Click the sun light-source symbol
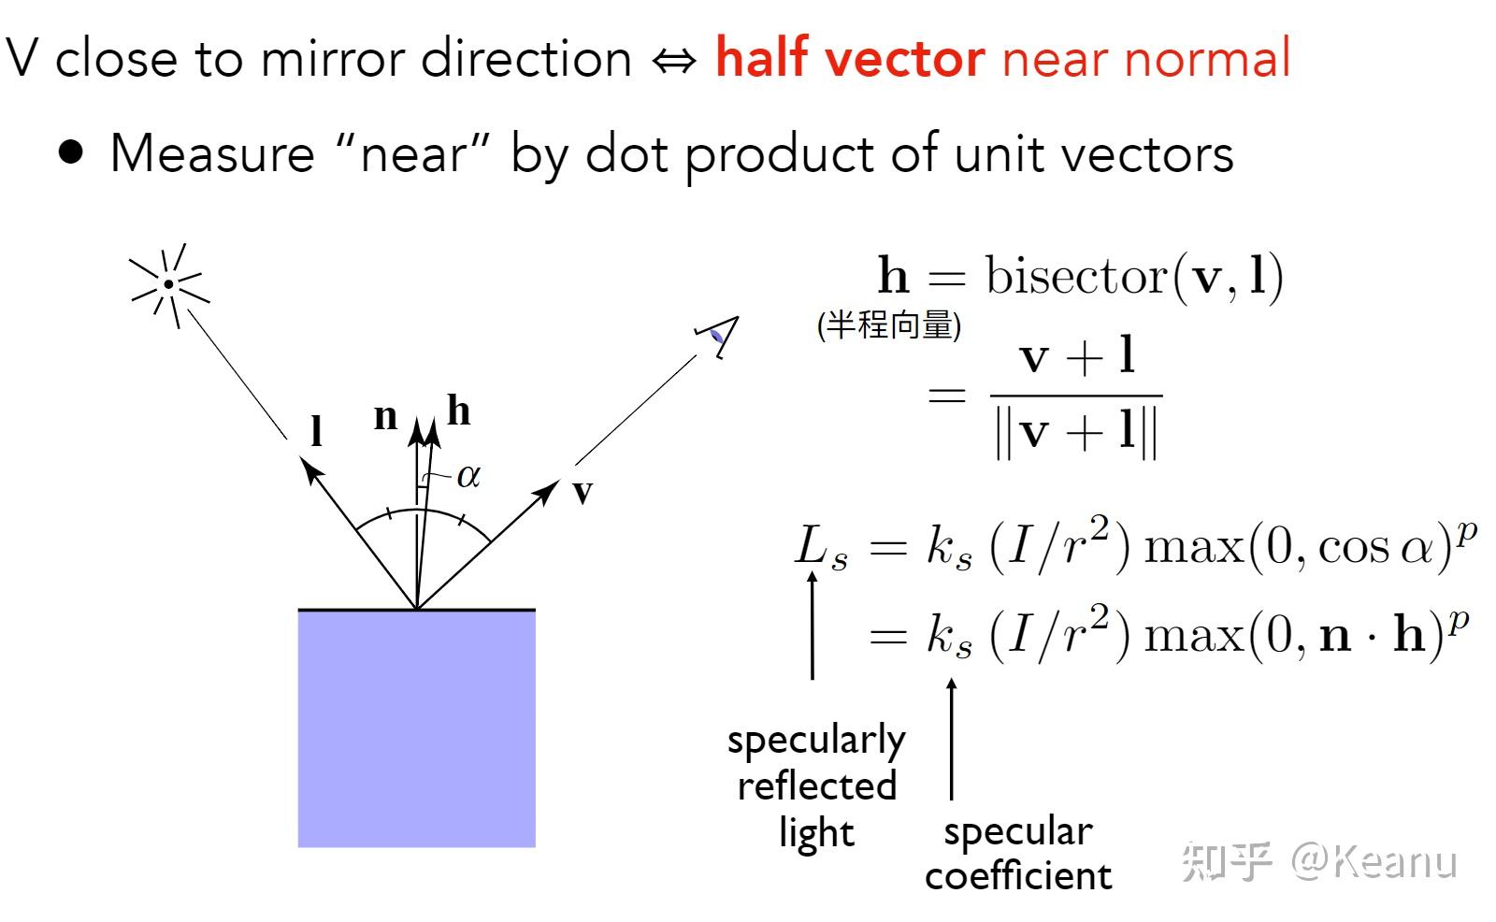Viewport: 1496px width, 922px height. pos(168,283)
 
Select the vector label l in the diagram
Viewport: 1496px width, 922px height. pos(317,431)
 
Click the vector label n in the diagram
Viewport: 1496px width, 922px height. pos(385,416)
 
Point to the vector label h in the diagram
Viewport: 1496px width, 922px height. pos(458,411)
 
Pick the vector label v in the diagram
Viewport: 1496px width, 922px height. pos(582,492)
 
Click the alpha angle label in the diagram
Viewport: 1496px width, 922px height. pos(468,476)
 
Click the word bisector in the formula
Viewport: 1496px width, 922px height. pos(1076,276)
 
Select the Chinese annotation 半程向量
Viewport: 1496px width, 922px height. pos(889,325)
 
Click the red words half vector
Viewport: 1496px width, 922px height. pos(849,58)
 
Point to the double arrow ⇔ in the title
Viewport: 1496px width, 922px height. pos(674,61)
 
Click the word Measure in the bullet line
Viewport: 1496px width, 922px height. pos(212,153)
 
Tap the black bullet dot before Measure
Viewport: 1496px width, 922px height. pos(71,152)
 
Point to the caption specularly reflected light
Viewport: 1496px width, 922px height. pos(816,785)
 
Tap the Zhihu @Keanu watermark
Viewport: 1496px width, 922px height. pos(1318,860)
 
